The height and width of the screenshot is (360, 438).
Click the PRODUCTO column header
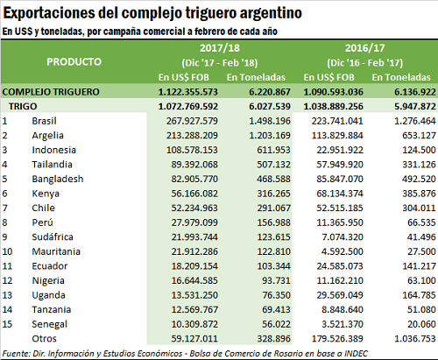click(x=74, y=61)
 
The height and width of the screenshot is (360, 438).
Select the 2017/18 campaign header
click(x=220, y=48)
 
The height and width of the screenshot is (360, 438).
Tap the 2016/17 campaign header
click(x=364, y=48)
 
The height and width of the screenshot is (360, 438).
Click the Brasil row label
click(x=44, y=121)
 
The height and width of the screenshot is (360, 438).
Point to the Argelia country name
click(x=47, y=136)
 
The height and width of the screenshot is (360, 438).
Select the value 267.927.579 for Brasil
click(x=192, y=121)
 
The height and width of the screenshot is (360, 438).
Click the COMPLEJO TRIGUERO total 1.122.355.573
click(x=188, y=92)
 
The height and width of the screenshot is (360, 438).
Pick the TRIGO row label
click(x=23, y=106)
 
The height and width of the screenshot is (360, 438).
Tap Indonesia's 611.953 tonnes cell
click(x=273, y=150)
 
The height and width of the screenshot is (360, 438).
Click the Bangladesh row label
click(x=58, y=179)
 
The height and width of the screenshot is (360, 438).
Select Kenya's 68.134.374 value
click(x=340, y=194)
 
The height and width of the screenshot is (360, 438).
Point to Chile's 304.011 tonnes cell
click(x=419, y=208)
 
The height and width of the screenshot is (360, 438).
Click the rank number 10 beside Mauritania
click(x=7, y=251)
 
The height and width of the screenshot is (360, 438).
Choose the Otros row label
click(x=44, y=339)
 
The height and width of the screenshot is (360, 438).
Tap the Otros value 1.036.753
click(x=415, y=339)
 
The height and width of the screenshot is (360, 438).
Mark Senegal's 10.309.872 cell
click(x=194, y=324)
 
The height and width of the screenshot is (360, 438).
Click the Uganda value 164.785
click(x=419, y=295)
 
